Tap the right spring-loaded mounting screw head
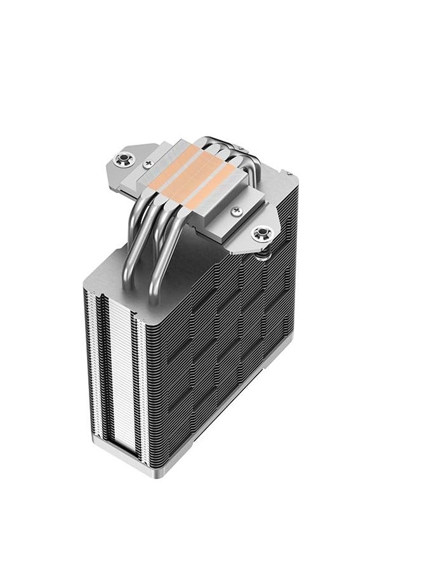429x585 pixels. click(x=260, y=234)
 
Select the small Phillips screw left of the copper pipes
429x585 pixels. click(x=148, y=163)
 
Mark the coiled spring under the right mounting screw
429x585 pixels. click(x=262, y=251)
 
